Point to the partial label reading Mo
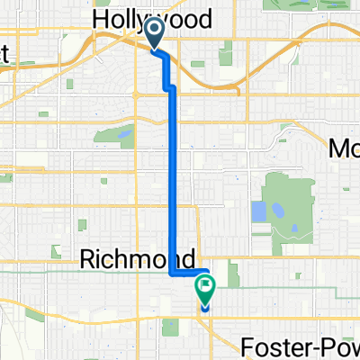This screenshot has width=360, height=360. pos(344,148)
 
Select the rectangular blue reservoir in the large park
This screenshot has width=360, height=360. pos(259,211)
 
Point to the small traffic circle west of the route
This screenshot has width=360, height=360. pos(134,94)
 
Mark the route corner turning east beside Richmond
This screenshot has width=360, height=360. pos(174,272)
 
